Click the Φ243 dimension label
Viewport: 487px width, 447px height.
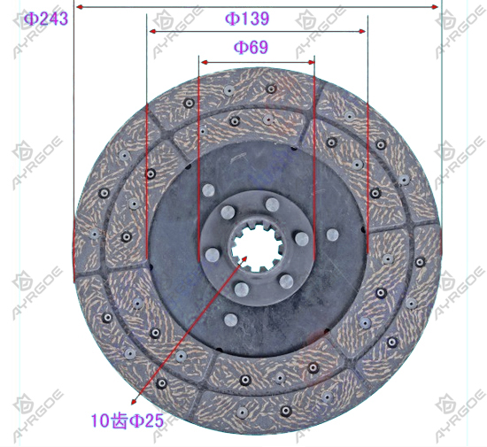click(46, 19)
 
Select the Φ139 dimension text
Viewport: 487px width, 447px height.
click(247, 19)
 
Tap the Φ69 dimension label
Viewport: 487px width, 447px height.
click(251, 47)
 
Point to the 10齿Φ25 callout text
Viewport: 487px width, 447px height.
click(127, 420)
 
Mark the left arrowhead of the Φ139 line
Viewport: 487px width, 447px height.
click(152, 31)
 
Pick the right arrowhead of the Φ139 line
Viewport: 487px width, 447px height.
click(362, 31)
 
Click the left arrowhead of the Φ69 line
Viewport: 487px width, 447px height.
click(205, 62)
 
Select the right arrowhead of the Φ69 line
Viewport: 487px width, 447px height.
click(311, 62)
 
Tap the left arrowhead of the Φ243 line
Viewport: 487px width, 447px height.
click(80, 7)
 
